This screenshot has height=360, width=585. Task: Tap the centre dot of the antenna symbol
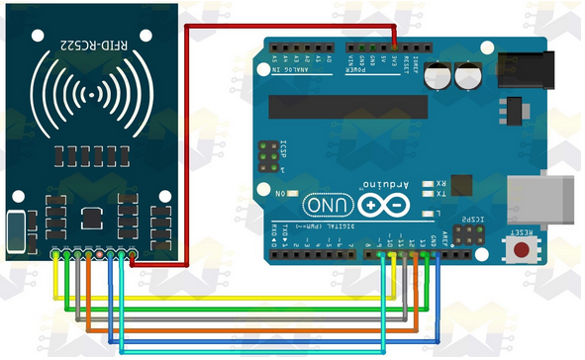(95, 95)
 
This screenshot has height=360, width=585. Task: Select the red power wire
(297, 26)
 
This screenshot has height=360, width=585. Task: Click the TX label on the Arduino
(440, 194)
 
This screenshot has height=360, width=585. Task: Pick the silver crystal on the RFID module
(15, 232)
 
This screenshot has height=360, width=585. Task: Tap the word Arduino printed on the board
(387, 185)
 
